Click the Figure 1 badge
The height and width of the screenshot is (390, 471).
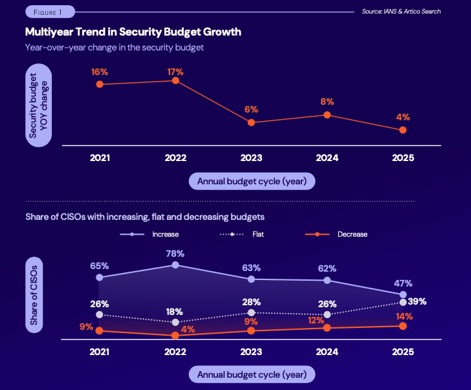(49, 12)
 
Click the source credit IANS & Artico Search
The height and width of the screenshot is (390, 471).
(402, 12)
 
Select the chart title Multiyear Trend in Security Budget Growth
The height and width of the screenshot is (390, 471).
(133, 31)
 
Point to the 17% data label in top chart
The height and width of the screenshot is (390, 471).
(175, 72)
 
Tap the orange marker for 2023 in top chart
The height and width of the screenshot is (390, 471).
(251, 122)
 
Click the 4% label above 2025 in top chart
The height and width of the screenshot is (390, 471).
(403, 118)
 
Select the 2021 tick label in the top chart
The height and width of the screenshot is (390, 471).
(100, 158)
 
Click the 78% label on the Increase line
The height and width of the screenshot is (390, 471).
(175, 254)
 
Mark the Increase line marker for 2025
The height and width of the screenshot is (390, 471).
(403, 295)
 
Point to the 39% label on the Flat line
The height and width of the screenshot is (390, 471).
(417, 301)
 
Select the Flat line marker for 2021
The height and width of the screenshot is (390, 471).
(100, 314)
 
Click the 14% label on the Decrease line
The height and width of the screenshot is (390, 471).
(403, 316)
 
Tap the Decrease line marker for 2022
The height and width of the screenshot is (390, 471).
(175, 336)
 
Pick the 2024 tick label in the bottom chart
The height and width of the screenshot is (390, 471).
(327, 352)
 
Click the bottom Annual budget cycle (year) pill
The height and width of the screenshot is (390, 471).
(252, 374)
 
